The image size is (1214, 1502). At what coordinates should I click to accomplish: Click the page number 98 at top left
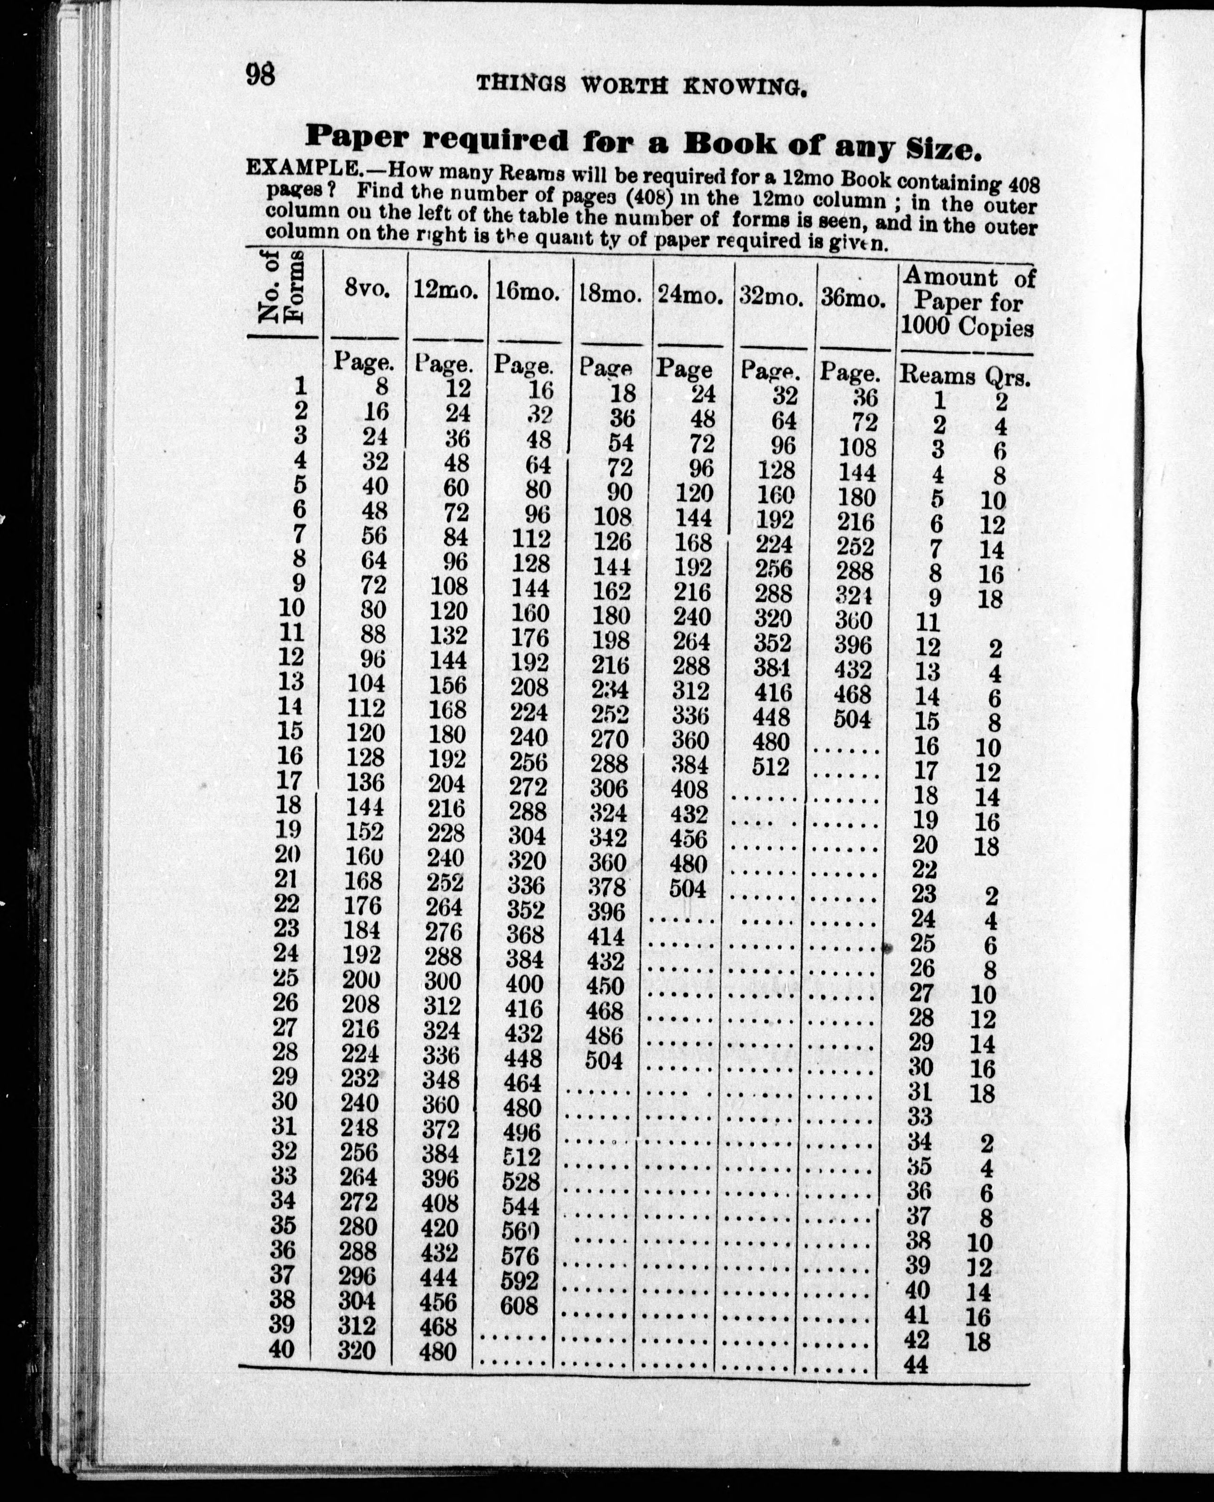(x=260, y=73)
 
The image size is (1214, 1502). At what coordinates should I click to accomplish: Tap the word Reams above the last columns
(x=936, y=375)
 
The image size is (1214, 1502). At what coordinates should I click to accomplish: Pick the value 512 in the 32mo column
(x=771, y=767)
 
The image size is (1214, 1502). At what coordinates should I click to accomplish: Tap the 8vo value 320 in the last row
(x=357, y=1350)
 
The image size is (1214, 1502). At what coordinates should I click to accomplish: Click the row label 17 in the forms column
(x=289, y=780)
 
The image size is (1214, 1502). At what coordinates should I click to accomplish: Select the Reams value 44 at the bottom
(x=916, y=1364)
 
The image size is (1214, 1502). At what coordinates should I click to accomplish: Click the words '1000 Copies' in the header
(x=966, y=327)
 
